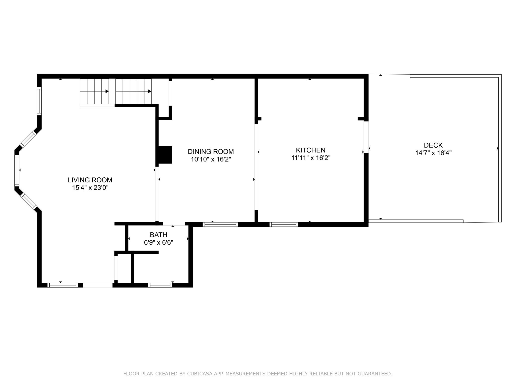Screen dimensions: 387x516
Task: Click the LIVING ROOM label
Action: click(x=90, y=180)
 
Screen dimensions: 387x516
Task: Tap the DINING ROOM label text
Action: click(x=211, y=151)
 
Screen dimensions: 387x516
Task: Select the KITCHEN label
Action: click(x=310, y=150)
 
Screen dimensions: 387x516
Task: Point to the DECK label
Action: click(x=433, y=145)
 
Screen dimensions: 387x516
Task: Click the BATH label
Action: click(x=158, y=235)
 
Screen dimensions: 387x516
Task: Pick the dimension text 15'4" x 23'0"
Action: click(x=90, y=188)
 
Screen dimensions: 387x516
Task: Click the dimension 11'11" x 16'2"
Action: click(x=311, y=158)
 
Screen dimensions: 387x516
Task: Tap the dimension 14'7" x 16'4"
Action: click(x=433, y=153)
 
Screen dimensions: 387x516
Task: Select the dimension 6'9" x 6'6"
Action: click(x=158, y=243)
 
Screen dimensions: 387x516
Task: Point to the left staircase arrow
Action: click(x=107, y=91)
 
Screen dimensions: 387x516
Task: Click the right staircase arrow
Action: click(x=150, y=91)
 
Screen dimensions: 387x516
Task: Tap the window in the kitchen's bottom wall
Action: click(x=284, y=224)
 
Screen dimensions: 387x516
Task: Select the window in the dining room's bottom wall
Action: click(x=220, y=224)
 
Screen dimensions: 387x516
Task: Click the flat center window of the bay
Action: click(x=17, y=171)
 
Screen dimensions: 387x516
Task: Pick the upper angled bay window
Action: click(x=28, y=139)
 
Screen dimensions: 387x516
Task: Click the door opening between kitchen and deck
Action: click(x=366, y=137)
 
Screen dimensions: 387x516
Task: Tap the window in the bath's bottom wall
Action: click(x=160, y=285)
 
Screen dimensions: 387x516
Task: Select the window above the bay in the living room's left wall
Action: click(x=39, y=101)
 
